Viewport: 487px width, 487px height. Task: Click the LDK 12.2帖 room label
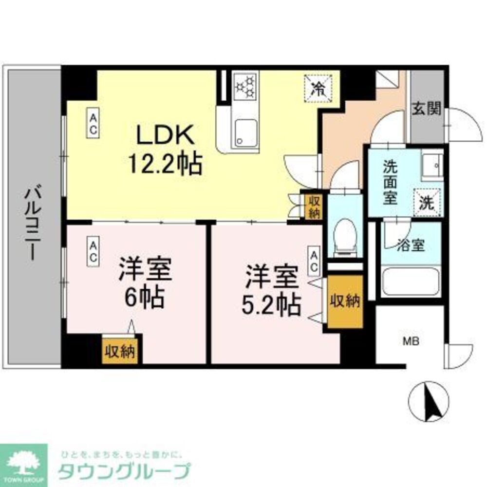tap(165, 150)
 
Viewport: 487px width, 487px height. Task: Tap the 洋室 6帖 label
tap(145, 284)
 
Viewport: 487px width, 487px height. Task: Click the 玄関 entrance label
tap(427, 109)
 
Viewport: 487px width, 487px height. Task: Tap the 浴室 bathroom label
tap(411, 245)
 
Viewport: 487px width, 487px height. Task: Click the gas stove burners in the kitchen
tap(245, 86)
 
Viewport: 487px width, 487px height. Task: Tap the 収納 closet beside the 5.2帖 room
tap(345, 301)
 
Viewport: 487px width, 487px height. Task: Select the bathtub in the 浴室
tap(410, 281)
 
